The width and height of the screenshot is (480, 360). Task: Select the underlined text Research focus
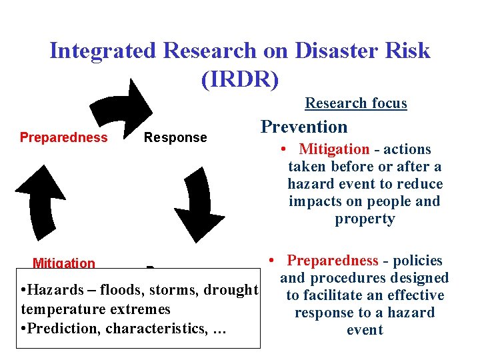[x=355, y=103]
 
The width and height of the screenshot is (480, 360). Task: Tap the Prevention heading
[x=303, y=127]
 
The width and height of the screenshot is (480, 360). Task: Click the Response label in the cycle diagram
[x=176, y=138]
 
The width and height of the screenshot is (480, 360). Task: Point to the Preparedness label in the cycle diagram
[x=63, y=138]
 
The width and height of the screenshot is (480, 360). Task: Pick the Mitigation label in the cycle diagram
[x=64, y=263]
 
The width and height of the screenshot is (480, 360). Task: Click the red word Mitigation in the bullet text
[x=334, y=149]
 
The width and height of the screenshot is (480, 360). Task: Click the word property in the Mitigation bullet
[x=365, y=219]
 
